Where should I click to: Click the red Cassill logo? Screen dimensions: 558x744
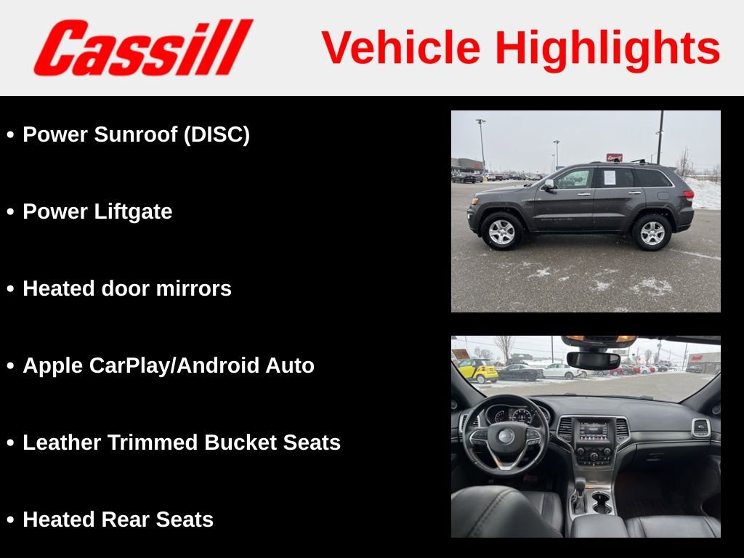tap(143, 48)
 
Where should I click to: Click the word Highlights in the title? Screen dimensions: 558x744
tap(607, 48)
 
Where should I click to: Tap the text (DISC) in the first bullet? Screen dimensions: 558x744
tap(217, 135)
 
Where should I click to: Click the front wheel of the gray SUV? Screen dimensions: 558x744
tap(502, 232)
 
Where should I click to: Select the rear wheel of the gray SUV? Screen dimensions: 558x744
tap(652, 232)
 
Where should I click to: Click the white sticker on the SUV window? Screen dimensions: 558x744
tap(609, 177)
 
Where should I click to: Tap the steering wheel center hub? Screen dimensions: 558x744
tap(506, 436)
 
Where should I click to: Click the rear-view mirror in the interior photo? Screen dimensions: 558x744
tap(594, 360)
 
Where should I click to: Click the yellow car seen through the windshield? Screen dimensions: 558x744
tap(478, 370)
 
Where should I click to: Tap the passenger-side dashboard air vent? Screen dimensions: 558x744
tap(700, 427)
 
